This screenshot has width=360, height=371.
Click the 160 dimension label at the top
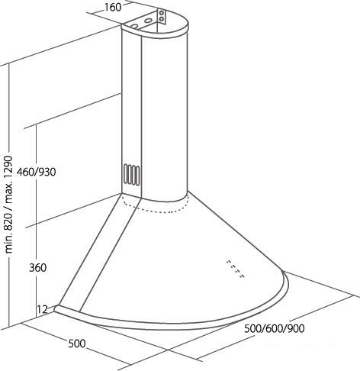click(x=113, y=8)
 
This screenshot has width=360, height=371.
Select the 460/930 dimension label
click(x=36, y=173)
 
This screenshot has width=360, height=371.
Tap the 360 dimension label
click(x=37, y=268)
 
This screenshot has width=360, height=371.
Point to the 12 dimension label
click(x=43, y=309)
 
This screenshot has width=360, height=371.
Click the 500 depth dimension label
click(x=77, y=344)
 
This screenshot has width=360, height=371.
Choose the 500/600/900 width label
click(x=275, y=328)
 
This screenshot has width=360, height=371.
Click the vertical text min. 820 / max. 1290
click(x=8, y=205)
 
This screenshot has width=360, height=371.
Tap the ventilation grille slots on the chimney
click(x=132, y=174)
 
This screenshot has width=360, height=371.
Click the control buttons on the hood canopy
click(x=236, y=269)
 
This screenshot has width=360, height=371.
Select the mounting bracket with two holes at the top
click(x=161, y=17)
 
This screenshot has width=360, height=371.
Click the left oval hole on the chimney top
click(x=135, y=26)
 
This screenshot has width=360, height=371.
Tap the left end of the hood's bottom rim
click(x=56, y=308)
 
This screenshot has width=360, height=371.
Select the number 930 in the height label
click(x=47, y=173)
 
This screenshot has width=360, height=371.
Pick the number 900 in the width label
click(x=296, y=328)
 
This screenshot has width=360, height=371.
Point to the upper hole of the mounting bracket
click(x=161, y=13)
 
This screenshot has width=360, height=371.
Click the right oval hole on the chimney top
click(x=148, y=20)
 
